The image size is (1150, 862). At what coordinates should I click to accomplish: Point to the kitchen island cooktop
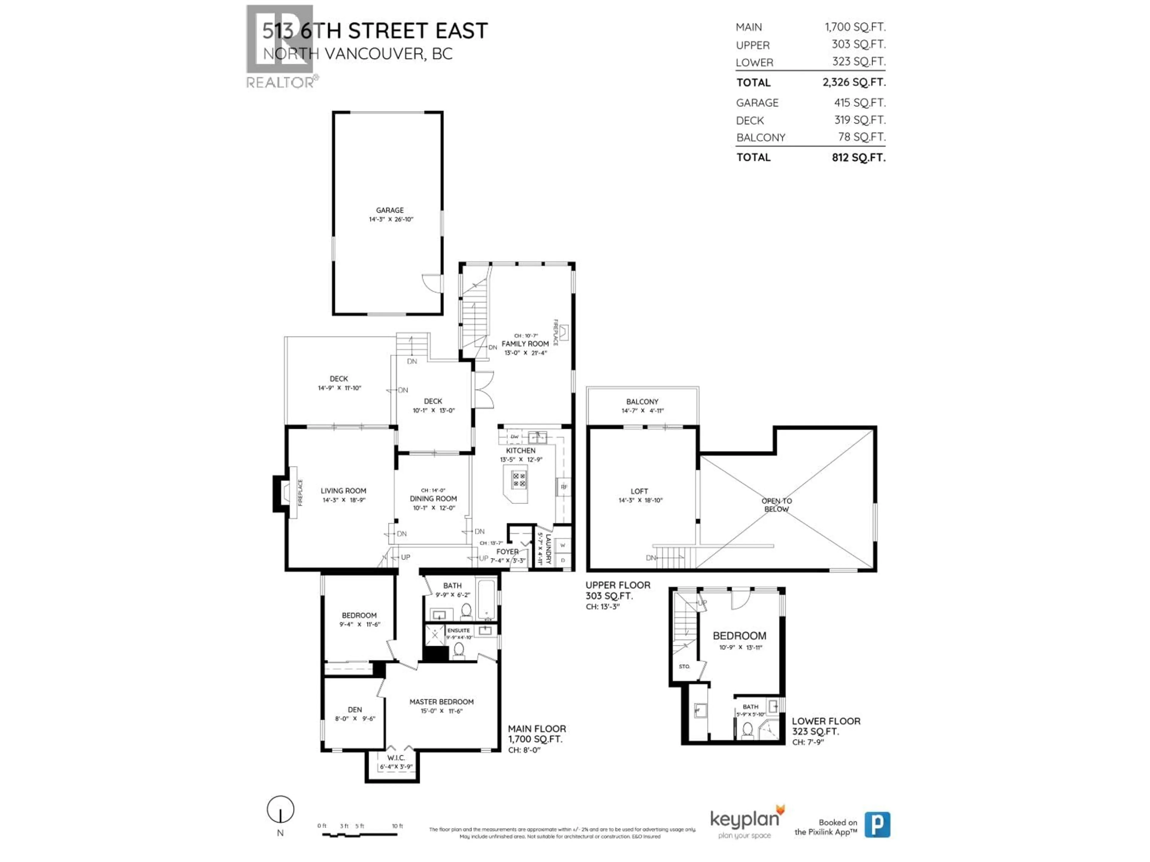519,479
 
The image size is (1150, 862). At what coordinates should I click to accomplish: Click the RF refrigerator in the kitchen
564,487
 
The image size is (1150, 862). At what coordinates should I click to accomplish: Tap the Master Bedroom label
441,702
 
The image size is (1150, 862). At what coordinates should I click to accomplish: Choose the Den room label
355,710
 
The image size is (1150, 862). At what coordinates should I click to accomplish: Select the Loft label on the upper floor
639,491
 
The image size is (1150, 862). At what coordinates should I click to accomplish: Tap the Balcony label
642,402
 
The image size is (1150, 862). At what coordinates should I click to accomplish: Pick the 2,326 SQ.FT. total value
854,82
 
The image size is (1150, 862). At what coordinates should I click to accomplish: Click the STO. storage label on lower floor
684,667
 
